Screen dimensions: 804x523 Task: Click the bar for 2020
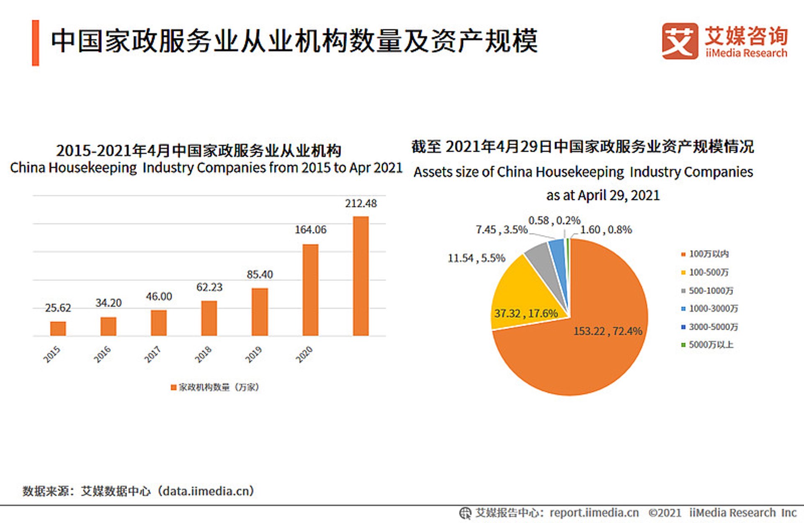(x=310, y=290)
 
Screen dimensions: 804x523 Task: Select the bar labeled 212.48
(x=361, y=276)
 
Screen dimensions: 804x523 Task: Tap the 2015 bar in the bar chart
(x=58, y=329)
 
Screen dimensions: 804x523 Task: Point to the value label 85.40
(x=260, y=274)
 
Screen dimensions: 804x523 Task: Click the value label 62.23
(x=209, y=287)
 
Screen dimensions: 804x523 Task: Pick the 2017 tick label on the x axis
(x=152, y=354)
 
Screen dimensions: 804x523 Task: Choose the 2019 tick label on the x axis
(x=253, y=354)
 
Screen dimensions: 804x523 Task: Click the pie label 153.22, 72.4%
(x=608, y=331)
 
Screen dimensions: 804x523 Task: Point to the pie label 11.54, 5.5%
(x=477, y=258)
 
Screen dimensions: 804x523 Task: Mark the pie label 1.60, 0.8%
(x=606, y=230)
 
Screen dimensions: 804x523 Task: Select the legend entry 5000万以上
(x=707, y=345)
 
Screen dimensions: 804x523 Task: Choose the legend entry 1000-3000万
(x=710, y=309)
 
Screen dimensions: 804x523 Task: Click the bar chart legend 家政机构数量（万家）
(x=215, y=387)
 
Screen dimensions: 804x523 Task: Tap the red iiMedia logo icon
(x=680, y=41)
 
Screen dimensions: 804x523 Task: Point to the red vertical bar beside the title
(x=36, y=43)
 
